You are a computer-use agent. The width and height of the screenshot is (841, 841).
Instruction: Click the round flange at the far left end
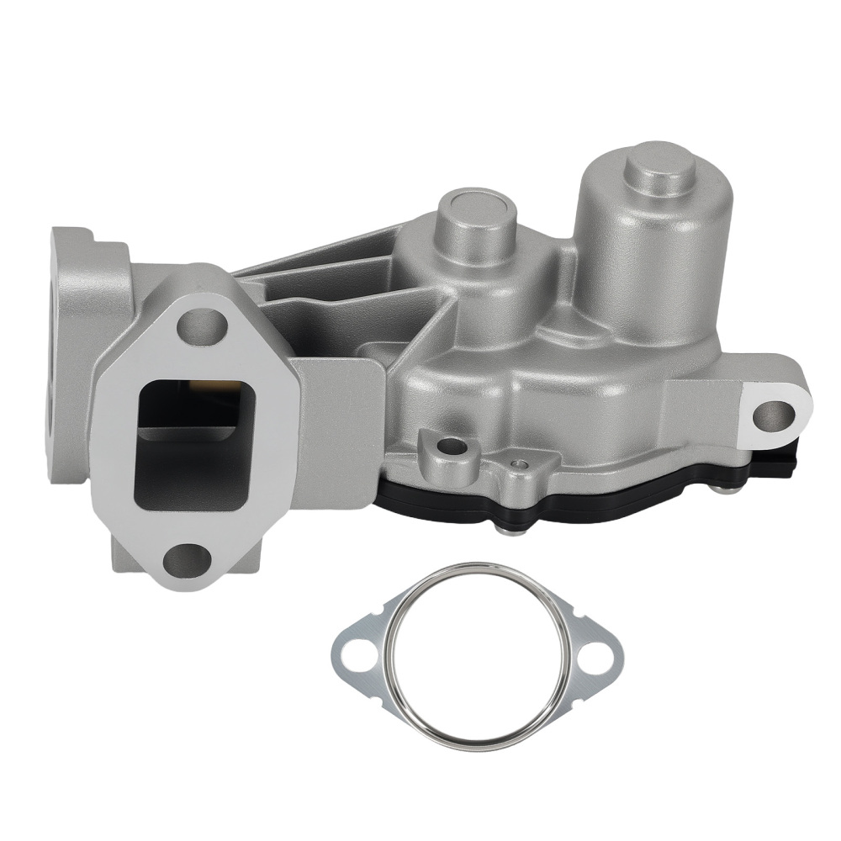tap(71, 353)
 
